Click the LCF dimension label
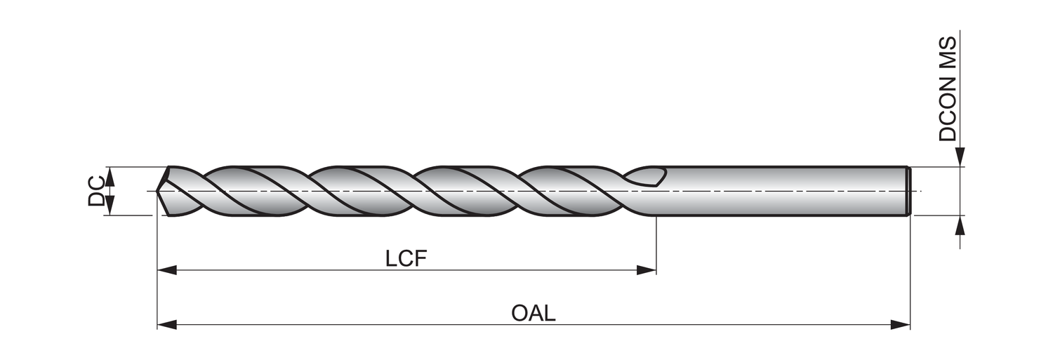[406, 258]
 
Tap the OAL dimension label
[533, 313]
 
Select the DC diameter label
[97, 191]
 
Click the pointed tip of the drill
[161, 191]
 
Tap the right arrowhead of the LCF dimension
[647, 270]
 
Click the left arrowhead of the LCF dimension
[166, 270]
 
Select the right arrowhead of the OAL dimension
[901, 324]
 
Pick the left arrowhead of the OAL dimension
[166, 324]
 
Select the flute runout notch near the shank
[647, 178]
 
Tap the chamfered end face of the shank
[908, 191]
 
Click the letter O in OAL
[520, 313]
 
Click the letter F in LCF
[420, 258]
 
